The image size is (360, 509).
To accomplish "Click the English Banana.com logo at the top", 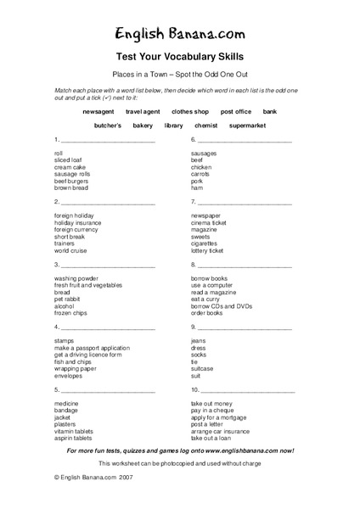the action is [x=180, y=35].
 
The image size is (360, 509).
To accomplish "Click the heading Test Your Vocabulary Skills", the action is [x=180, y=57].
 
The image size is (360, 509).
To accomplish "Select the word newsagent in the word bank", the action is [x=99, y=111].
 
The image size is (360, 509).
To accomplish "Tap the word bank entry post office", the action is [x=236, y=111].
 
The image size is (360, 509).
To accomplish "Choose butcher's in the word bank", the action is [x=108, y=126].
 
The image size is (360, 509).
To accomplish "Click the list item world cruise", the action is [x=71, y=250].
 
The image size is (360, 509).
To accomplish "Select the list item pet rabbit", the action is [x=67, y=299].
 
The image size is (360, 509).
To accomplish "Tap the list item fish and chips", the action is [x=74, y=361].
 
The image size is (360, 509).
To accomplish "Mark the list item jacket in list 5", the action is [x=63, y=417].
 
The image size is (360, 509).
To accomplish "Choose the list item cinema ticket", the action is [x=208, y=223].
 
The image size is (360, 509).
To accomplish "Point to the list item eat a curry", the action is [x=205, y=299].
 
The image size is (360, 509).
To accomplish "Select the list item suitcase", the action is [x=202, y=368].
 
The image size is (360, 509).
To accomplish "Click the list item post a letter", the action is [x=208, y=424].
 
